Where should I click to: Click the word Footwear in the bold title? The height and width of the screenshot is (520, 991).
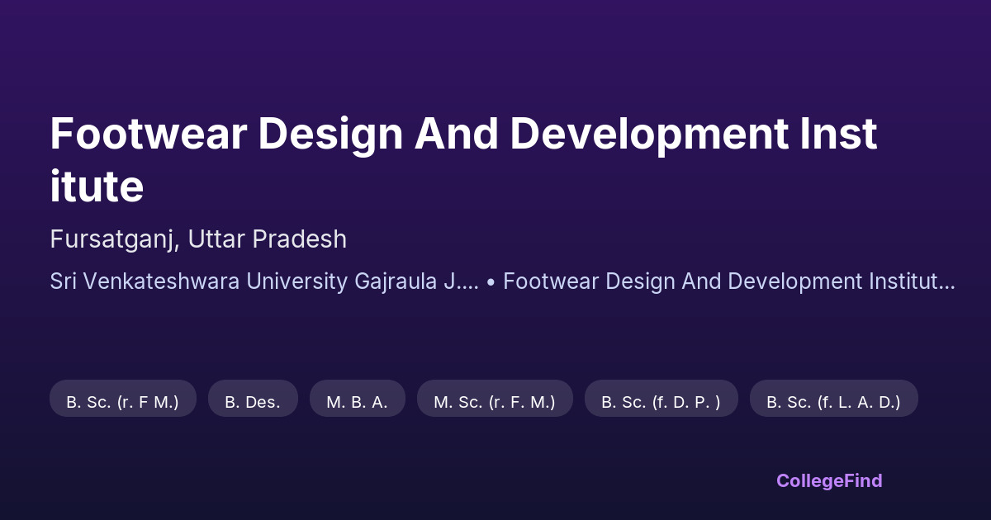coord(148,134)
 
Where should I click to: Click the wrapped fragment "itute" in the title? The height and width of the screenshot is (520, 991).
coord(97,187)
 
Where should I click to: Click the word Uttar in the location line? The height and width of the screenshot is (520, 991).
coord(216,239)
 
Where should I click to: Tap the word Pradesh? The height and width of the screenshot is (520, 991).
coord(300,239)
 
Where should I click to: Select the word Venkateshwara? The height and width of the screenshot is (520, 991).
coord(161,281)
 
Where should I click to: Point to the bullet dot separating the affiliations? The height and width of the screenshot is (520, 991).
coord(491,283)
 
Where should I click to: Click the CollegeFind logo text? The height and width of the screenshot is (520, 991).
coord(829,481)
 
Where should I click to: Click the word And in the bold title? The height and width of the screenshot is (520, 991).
coord(457,134)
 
